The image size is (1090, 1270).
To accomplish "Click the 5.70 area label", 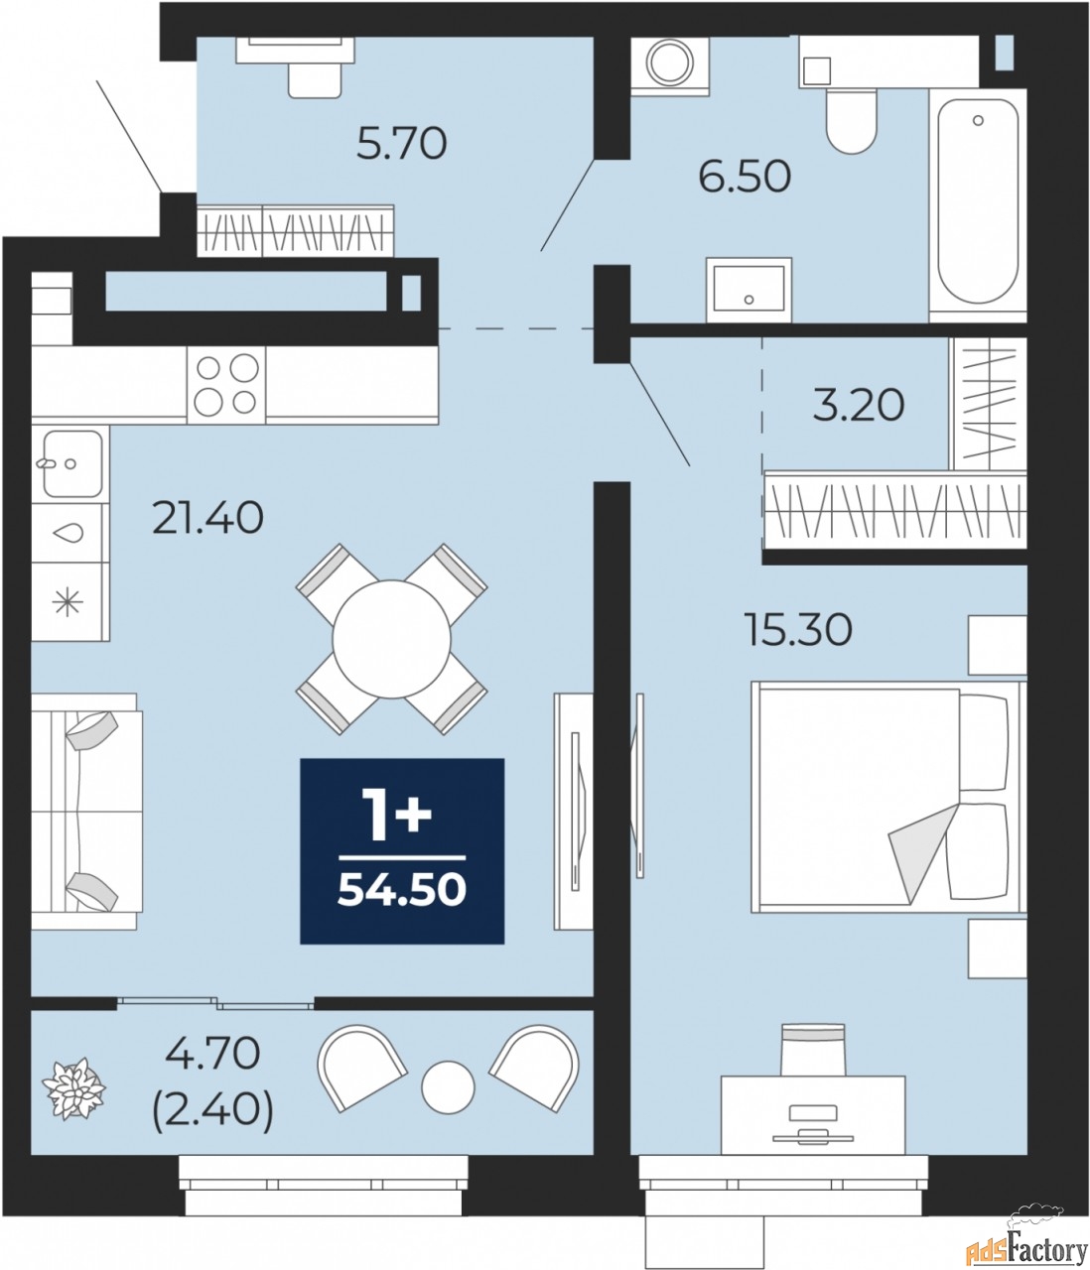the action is tap(401, 144).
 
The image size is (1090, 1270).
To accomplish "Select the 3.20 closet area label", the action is tap(859, 405).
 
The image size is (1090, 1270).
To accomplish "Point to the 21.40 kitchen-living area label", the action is tap(207, 517).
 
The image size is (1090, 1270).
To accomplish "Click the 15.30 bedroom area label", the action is tap(798, 629).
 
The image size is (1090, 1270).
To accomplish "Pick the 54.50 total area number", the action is tap(402, 890).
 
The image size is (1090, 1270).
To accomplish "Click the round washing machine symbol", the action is tap(669, 65).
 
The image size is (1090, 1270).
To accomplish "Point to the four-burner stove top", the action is tap(226, 385).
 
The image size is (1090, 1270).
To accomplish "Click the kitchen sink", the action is tap(70, 463).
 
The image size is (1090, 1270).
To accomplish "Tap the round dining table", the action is tap(391, 640).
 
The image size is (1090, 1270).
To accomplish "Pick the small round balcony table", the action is tap(448, 1087).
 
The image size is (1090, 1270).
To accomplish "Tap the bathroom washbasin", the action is tap(749, 290).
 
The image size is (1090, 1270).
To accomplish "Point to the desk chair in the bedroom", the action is tap(813, 1049).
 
